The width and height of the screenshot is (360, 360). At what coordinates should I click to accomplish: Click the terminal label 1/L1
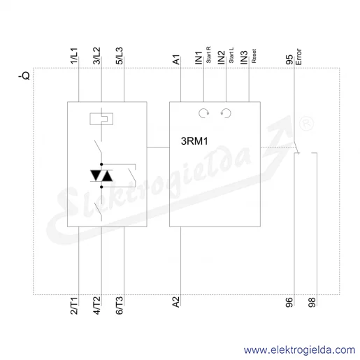74,56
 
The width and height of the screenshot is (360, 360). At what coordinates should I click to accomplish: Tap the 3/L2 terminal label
96,56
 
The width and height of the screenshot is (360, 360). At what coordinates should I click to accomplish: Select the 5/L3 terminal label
120,56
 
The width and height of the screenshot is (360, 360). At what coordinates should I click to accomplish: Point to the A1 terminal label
176,59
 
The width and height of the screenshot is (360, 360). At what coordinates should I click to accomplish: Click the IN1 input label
199,58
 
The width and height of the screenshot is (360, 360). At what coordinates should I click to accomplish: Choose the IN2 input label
222,58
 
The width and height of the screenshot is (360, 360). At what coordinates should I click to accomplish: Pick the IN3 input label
244,58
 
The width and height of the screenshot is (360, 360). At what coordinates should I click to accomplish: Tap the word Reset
254,56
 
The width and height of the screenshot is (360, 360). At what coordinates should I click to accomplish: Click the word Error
298,57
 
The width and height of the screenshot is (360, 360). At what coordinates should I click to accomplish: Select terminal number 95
289,59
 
